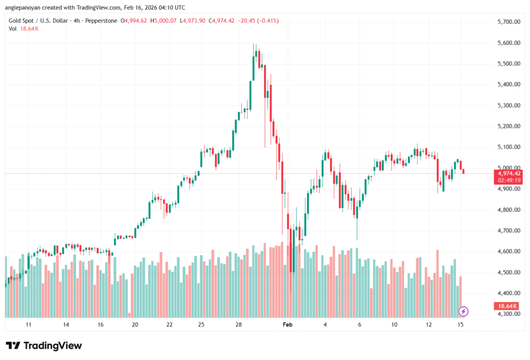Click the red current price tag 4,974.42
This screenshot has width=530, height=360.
click(508, 173)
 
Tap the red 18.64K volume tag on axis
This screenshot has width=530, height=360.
click(507, 306)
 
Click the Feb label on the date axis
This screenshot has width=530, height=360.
click(288, 325)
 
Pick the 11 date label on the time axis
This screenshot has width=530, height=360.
click(28, 325)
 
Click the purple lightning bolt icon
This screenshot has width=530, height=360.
click(464, 311)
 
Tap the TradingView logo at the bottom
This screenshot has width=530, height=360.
click(44, 346)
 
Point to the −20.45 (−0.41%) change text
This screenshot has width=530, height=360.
click(261, 21)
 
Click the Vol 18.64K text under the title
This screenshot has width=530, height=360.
click(24, 28)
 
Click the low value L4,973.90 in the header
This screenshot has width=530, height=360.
click(193, 21)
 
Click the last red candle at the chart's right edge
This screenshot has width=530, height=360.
click(464, 171)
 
